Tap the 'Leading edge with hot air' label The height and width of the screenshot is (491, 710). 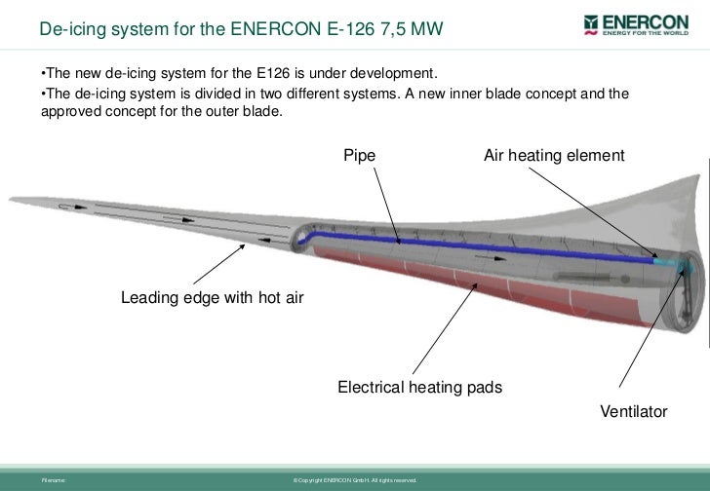point(212,297)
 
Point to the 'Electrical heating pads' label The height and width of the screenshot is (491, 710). point(419,388)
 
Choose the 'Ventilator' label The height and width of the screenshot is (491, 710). point(633,412)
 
